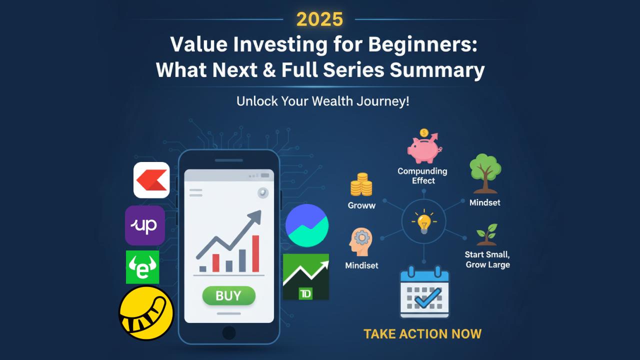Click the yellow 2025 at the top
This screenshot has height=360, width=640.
(x=319, y=19)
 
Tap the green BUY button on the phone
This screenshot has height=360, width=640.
(x=228, y=295)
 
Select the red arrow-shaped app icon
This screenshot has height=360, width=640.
(x=151, y=180)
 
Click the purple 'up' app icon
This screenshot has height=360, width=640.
(x=145, y=225)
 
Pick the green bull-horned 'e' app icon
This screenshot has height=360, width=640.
(x=142, y=267)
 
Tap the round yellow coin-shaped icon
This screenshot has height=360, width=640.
(x=146, y=313)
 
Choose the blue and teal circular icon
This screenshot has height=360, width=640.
(x=307, y=225)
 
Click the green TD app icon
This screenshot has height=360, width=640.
(x=305, y=276)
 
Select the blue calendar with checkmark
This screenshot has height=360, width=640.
(x=424, y=291)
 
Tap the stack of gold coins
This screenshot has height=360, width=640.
(x=361, y=184)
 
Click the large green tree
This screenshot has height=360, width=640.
(x=485, y=173)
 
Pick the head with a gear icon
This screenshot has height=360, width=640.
(x=360, y=241)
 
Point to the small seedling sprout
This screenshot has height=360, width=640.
(x=487, y=234)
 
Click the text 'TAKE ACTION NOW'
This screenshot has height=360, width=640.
(x=422, y=334)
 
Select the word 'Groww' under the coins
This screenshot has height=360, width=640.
(x=361, y=205)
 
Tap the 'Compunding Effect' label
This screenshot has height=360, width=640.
(x=422, y=175)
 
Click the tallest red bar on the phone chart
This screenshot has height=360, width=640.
(x=255, y=253)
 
